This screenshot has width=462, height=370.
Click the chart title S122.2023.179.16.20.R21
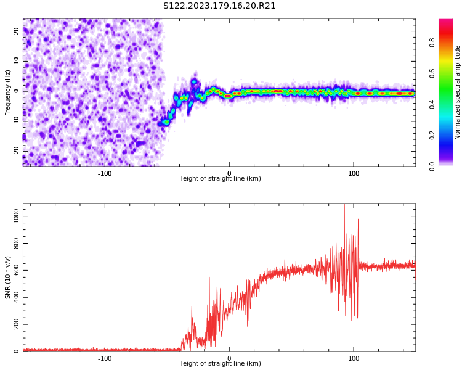tap(219, 6)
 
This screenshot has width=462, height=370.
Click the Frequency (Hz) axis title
tap(8, 92)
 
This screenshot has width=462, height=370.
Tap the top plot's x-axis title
tap(219, 179)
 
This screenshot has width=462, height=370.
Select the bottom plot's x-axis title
tap(219, 364)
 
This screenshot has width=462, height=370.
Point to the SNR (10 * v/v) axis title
tap(8, 277)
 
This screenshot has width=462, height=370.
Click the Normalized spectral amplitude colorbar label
tap(458, 92)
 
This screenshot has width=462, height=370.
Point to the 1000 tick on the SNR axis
tap(14, 216)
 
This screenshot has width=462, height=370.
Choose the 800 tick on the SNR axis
tap(15, 244)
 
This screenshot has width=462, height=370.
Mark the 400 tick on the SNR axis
tap(15, 297)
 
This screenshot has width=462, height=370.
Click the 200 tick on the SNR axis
tap(15, 324)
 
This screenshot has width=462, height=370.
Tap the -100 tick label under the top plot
tap(105, 173)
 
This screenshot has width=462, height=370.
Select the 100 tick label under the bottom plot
tap(354, 358)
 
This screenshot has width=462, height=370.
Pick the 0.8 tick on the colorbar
tap(432, 43)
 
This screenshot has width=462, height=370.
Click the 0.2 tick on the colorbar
tap(432, 135)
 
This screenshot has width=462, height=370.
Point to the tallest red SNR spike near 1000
tap(344, 206)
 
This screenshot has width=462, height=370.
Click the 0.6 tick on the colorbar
tap(432, 73)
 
